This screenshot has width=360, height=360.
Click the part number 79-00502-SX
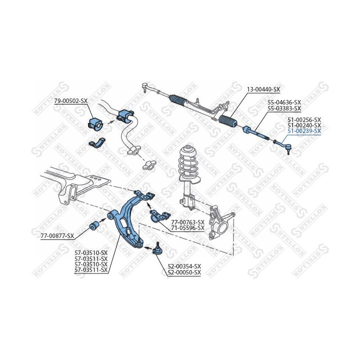pos(70,101)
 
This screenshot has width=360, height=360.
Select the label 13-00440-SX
pos(263,89)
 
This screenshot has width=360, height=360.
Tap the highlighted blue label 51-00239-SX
pos(304,131)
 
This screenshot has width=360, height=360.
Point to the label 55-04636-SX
pos(284,102)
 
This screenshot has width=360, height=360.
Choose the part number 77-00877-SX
pos(57,235)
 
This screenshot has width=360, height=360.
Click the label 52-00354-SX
pos(184,266)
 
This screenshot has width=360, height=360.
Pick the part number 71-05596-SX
pos(187,228)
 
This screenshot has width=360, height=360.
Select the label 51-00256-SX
pos(304,120)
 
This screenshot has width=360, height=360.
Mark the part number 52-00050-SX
pos(184,272)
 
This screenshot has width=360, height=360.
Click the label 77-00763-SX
pos(187,222)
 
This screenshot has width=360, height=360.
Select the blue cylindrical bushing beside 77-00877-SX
pos(94,225)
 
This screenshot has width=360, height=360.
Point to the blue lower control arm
pos(125,215)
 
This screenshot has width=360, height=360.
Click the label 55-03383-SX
pos(284,108)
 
